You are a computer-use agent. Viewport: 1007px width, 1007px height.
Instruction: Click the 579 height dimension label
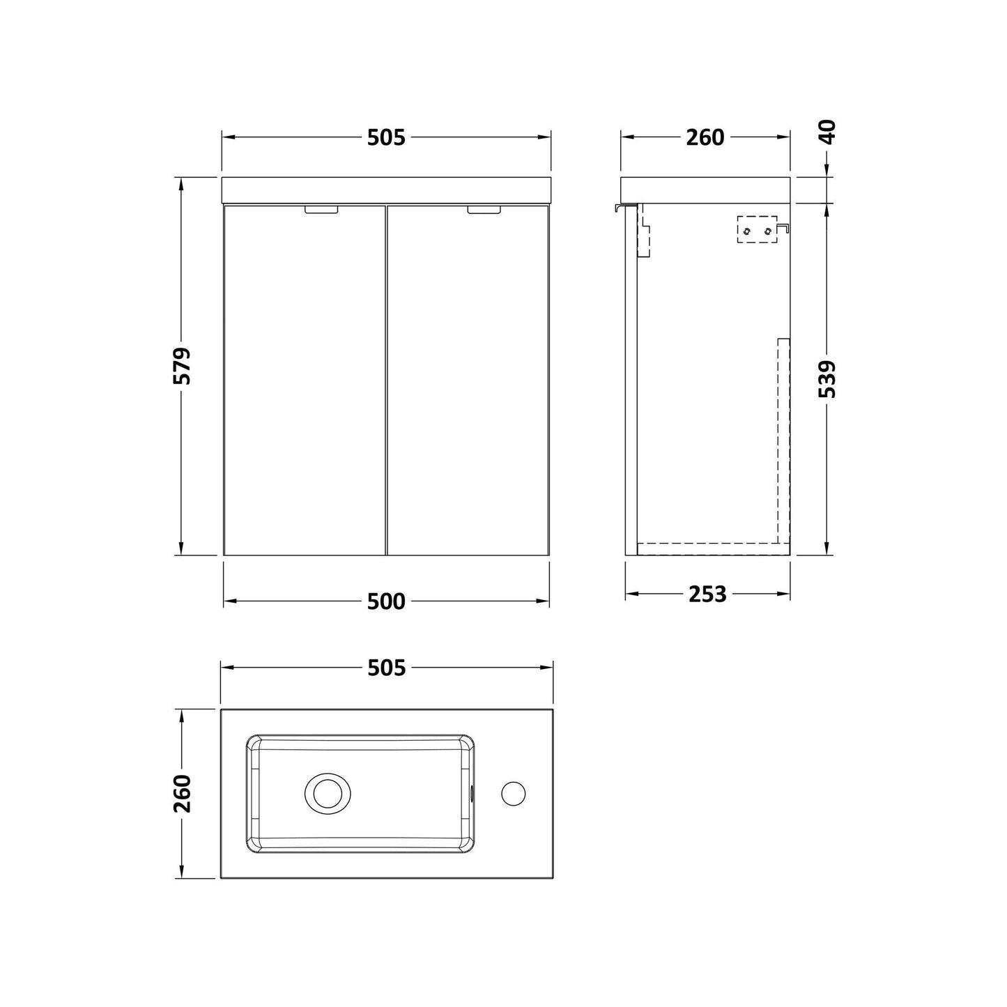tap(182, 366)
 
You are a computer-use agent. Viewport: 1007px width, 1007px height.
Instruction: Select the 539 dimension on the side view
tap(827, 379)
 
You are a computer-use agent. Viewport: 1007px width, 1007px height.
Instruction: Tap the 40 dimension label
tap(827, 132)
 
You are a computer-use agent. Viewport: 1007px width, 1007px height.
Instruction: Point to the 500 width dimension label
tap(386, 601)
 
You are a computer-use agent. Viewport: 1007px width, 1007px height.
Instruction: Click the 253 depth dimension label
tap(707, 594)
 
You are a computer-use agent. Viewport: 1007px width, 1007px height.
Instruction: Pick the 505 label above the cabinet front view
tap(386, 137)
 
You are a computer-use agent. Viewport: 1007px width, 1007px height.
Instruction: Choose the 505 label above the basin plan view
tap(386, 668)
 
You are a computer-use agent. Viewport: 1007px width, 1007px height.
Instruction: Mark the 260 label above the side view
tap(705, 137)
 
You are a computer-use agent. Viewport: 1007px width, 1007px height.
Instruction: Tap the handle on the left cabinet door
tap(321, 210)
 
